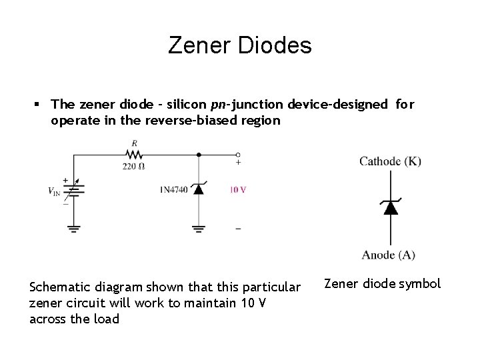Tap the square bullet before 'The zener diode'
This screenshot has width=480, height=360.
[x=38, y=104]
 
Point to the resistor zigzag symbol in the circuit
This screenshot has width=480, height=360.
[x=135, y=154]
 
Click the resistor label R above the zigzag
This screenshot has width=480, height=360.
[x=135, y=143]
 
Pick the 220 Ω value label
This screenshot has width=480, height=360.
[x=133, y=166]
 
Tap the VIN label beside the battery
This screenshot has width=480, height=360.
[x=55, y=192]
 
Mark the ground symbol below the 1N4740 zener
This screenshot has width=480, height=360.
[x=198, y=228]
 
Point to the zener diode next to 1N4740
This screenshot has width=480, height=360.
[x=198, y=189]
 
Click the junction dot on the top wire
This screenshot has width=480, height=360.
[x=198, y=154]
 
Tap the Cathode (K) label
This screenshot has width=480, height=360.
[x=390, y=161]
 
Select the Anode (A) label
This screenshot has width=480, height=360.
[x=389, y=255]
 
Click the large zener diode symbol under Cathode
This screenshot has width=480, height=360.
[x=391, y=207]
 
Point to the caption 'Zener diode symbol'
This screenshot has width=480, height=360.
[x=382, y=283]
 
